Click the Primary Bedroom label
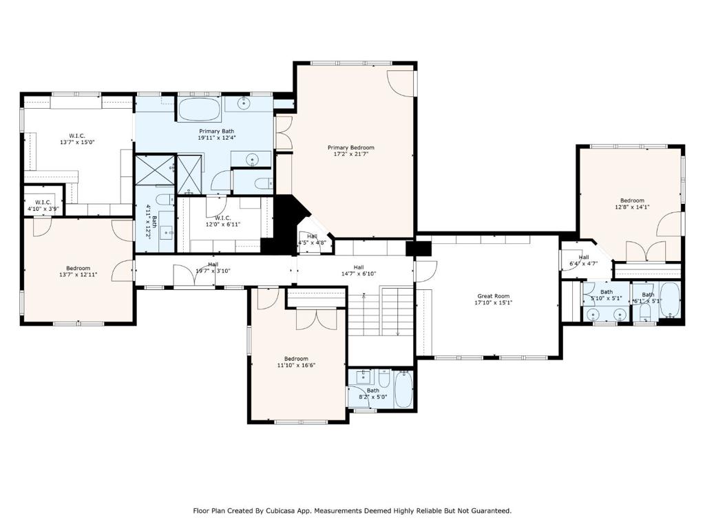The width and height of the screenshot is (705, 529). [x=350, y=147]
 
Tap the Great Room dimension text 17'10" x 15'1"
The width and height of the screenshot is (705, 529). [x=494, y=302]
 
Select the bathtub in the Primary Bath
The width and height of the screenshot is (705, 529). [x=200, y=109]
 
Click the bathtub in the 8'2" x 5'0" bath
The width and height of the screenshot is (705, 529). [x=403, y=388]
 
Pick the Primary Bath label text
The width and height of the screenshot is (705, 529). [x=217, y=131]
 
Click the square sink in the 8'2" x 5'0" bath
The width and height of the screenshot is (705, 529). [x=365, y=377]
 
